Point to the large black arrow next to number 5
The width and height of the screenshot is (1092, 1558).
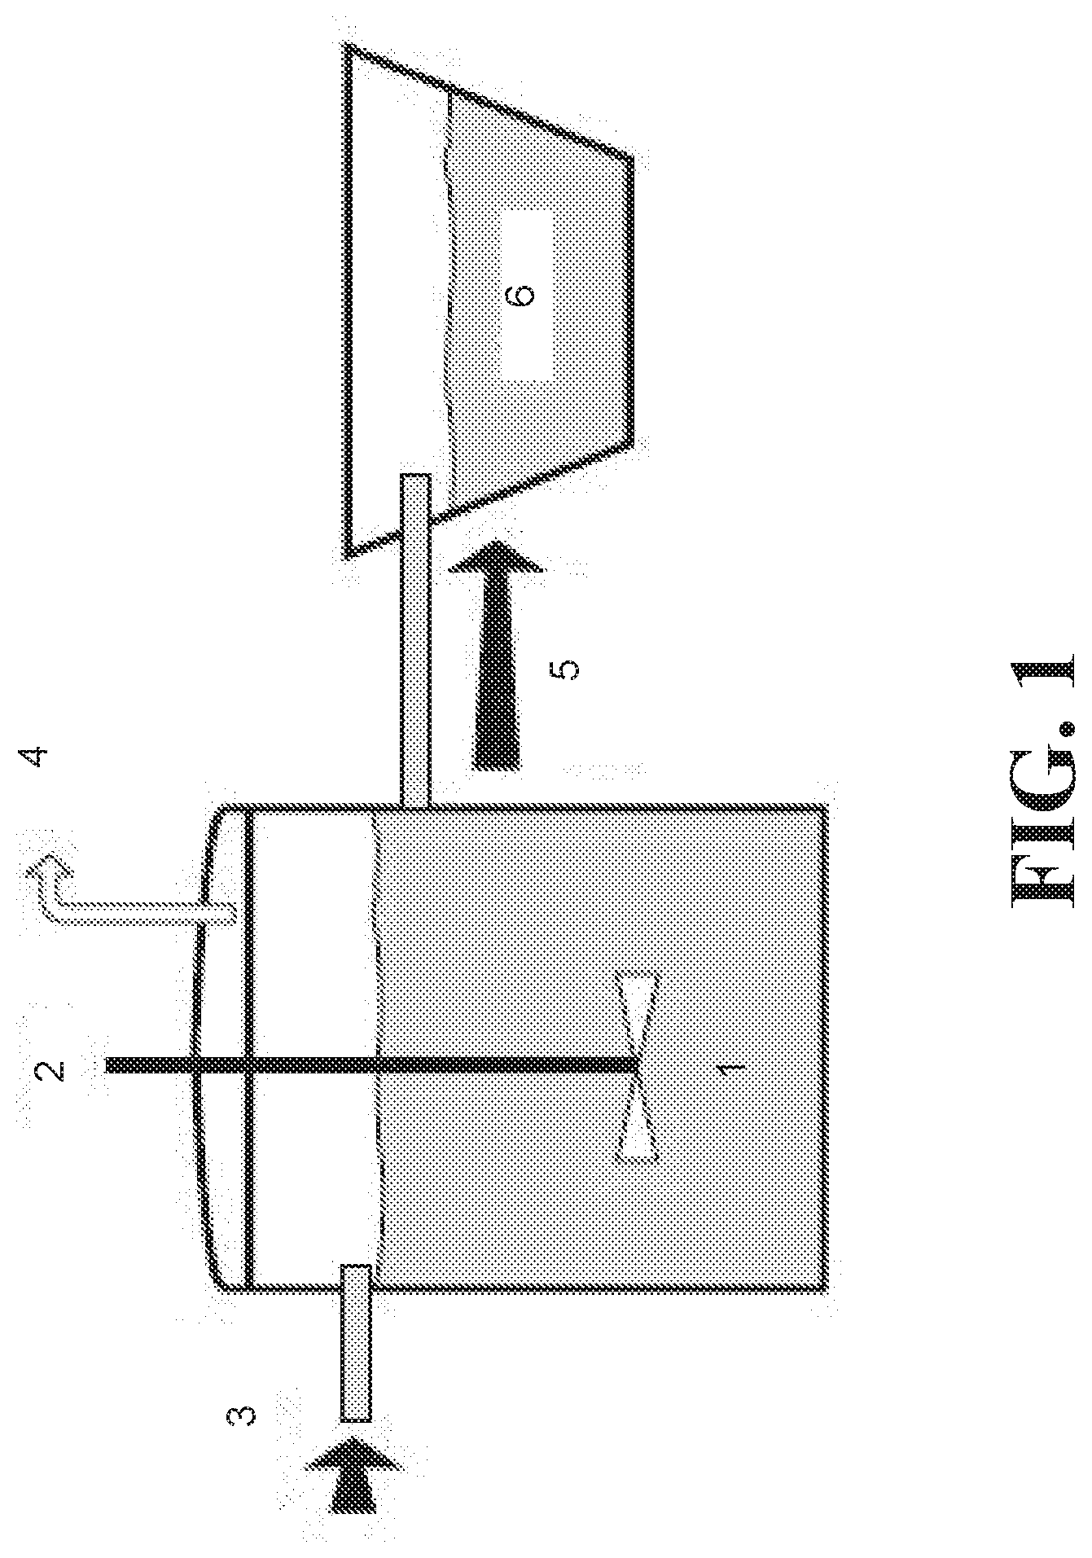[493, 656]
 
